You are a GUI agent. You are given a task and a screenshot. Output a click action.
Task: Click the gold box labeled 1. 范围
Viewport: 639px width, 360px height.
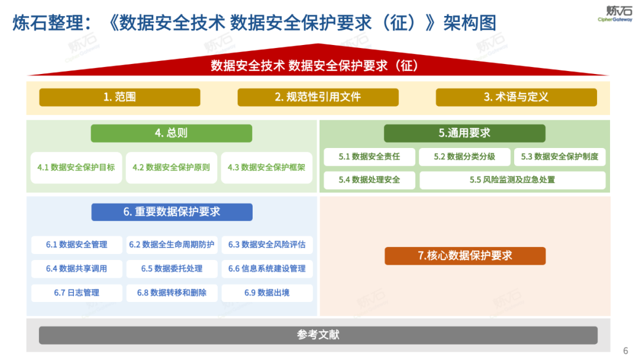[120, 97]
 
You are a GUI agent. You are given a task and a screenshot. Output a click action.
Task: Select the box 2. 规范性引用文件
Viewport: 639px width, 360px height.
[318, 97]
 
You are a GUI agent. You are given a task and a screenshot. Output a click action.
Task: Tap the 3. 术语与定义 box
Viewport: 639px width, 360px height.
[516, 97]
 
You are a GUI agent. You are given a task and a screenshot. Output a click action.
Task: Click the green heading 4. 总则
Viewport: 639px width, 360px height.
[171, 133]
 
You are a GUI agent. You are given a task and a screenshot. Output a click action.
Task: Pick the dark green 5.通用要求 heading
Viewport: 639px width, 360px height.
[464, 133]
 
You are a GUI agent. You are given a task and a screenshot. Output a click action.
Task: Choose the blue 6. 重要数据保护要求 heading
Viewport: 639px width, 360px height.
[172, 212]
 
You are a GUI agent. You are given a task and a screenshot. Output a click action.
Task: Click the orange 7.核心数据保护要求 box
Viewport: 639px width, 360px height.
[465, 256]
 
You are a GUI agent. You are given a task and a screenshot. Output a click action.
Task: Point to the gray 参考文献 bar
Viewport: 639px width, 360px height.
[318, 335]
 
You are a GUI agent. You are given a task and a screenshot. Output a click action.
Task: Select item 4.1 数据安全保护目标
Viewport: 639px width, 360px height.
[76, 168]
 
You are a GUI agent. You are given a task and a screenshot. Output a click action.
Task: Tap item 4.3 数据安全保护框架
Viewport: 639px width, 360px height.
[266, 168]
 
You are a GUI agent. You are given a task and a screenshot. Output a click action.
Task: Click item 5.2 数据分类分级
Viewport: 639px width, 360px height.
[464, 157]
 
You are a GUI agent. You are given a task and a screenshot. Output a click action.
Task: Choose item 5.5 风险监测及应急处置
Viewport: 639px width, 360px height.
[512, 180]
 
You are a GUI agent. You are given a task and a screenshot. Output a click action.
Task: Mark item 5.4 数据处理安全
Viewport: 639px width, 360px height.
[369, 180]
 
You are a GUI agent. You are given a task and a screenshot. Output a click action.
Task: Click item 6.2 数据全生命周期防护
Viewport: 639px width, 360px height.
[172, 245]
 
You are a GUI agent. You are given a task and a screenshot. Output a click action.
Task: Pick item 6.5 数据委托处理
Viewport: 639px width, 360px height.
[172, 269]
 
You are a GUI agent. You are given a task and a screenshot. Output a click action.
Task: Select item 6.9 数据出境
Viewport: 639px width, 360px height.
[267, 292]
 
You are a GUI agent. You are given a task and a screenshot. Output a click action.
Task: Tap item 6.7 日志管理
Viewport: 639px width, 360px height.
[76, 292]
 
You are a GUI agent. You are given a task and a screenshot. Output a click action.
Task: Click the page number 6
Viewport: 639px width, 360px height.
[626, 351]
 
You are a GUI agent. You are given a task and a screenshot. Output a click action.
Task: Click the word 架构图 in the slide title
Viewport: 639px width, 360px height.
[470, 22]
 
